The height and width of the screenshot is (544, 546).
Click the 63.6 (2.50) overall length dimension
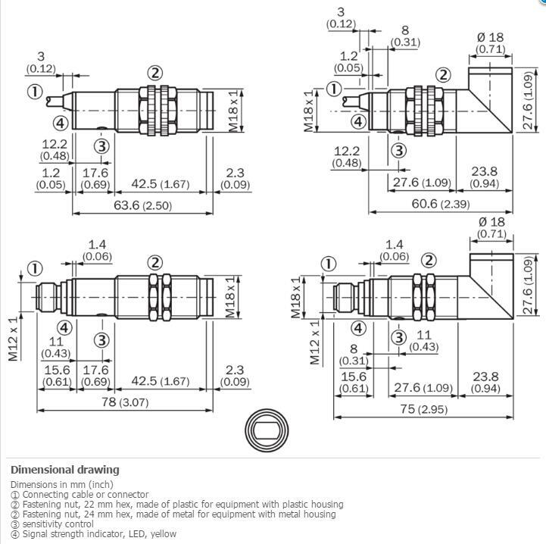pyautogui.click(x=143, y=205)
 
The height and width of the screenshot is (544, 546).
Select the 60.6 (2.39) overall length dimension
pyautogui.click(x=441, y=204)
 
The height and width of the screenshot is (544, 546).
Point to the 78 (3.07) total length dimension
pyautogui.click(x=125, y=402)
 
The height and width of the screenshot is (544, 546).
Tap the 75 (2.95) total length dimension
pyautogui.click(x=423, y=409)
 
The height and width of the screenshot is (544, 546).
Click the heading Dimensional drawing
pyautogui.click(x=65, y=470)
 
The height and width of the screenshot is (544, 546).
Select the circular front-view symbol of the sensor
pyautogui.click(x=267, y=430)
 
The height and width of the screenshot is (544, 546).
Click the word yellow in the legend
pyautogui.click(x=164, y=533)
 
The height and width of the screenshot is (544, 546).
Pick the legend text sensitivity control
pyautogui.click(x=58, y=524)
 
